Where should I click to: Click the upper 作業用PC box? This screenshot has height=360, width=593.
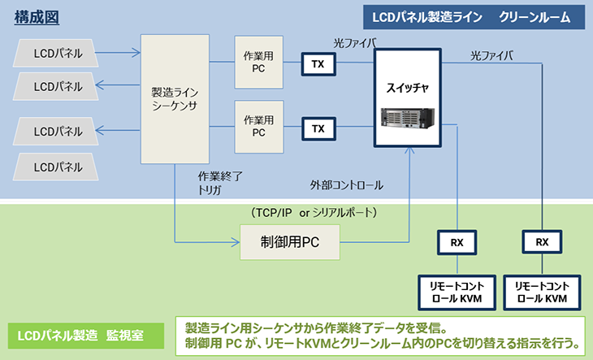click(259, 62)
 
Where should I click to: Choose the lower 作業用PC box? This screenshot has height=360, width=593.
click(259, 126)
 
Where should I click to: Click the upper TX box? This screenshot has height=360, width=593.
click(318, 63)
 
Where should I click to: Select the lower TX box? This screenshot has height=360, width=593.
click(318, 128)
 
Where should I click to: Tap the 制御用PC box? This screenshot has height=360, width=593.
click(290, 241)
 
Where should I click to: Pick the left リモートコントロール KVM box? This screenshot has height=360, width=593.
click(457, 292)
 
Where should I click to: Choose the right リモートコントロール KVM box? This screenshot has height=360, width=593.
click(542, 292)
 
